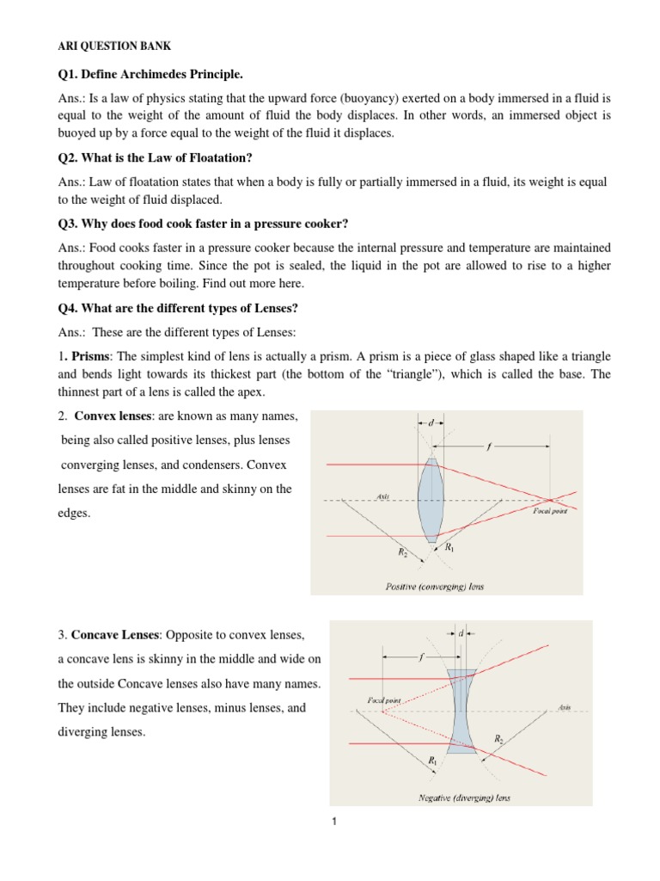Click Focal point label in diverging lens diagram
(384, 701)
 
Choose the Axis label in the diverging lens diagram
(564, 707)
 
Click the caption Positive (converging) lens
(433, 587)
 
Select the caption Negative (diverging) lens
(464, 798)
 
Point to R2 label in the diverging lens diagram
(499, 738)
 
